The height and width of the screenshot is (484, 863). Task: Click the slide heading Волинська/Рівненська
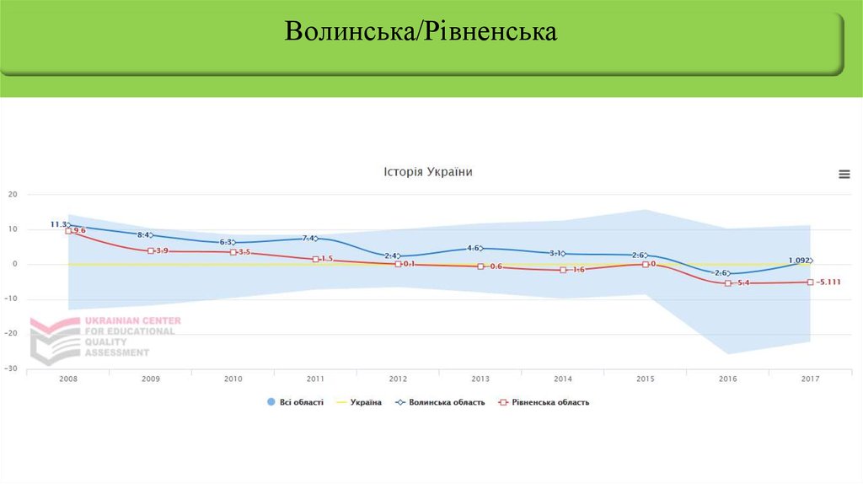(421, 33)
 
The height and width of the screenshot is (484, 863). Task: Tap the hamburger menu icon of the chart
(844, 174)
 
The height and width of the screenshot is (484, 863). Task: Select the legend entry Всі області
(294, 402)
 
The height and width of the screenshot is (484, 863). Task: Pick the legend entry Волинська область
(439, 402)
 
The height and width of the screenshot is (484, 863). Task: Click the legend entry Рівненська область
(544, 402)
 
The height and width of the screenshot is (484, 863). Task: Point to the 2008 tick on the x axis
(68, 379)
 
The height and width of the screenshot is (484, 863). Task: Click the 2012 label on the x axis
(398, 379)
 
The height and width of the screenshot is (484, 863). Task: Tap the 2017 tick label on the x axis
(810, 379)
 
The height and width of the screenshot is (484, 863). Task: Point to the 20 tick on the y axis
(13, 194)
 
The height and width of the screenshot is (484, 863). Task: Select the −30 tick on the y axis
(11, 368)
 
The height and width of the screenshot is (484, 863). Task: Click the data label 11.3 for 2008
(59, 224)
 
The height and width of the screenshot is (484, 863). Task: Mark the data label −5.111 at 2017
(829, 282)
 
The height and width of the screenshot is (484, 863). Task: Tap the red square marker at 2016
(728, 283)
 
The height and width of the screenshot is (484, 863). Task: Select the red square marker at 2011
(315, 260)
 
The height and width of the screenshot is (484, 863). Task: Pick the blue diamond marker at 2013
(480, 248)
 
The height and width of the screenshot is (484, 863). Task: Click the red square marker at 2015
(646, 264)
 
